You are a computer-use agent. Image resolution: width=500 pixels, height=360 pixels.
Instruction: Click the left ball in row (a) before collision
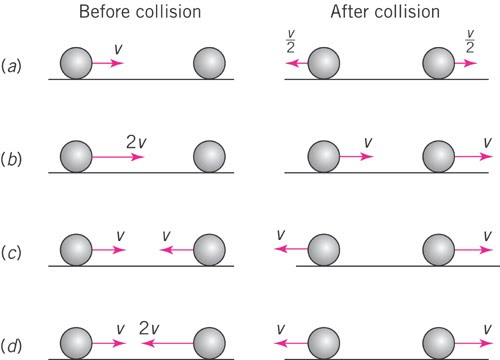coord(75,64)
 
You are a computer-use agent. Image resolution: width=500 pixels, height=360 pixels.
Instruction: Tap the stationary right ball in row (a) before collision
coord(208,64)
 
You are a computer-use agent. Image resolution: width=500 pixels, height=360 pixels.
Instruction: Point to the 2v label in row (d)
coord(149,326)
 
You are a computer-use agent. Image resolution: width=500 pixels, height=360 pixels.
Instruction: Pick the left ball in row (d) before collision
coord(75,343)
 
